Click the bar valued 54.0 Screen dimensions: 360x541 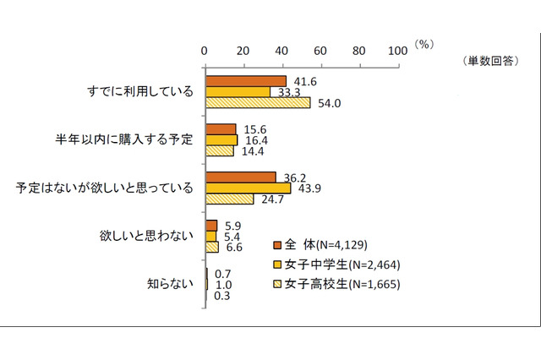pos(258,102)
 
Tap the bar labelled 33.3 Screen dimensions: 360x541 pos(238,91)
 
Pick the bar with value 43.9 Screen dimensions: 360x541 pos(248,188)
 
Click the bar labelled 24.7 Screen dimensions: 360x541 pos(229,199)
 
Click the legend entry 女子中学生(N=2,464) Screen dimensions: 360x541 pos(336,265)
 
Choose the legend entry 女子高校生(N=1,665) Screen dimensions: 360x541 pos(336,284)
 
